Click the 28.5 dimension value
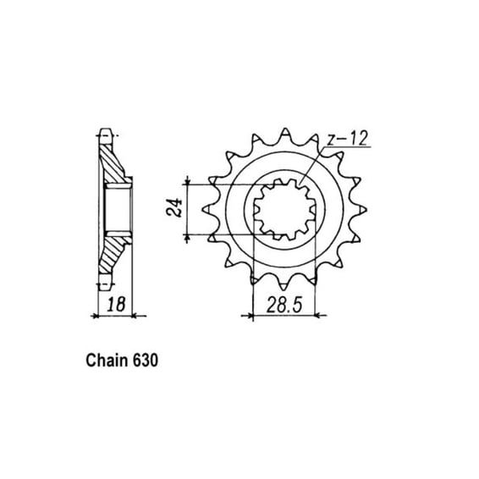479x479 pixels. [284, 305]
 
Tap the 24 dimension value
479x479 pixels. [174, 207]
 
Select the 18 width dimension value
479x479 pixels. [117, 305]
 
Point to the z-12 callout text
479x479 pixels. [346, 139]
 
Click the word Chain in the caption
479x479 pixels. [107, 361]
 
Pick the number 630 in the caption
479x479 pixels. [146, 361]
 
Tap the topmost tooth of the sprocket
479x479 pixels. [285, 134]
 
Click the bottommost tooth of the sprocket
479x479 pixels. [284, 285]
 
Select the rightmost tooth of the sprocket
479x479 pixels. [361, 210]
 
